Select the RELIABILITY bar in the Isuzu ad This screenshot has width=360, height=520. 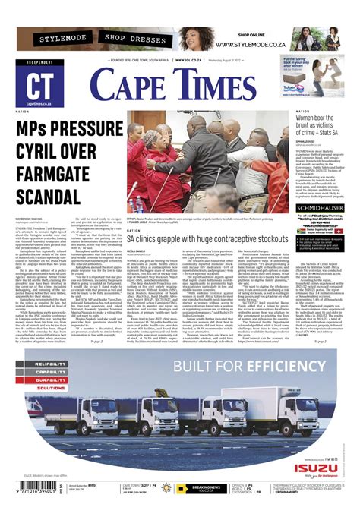(x=46, y=364)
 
